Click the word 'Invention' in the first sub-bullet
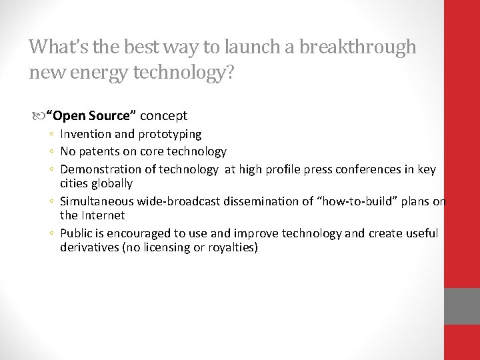tap(82, 134)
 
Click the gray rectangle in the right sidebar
tap(462, 306)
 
